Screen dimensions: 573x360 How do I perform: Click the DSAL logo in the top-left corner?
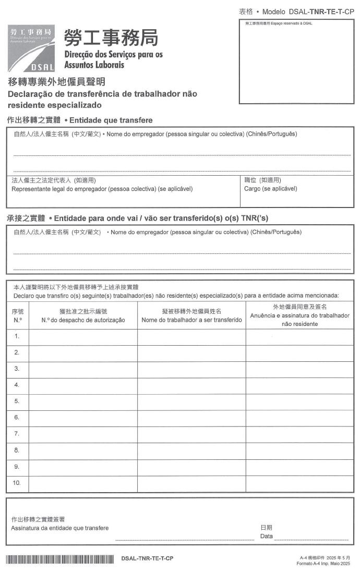(31, 48)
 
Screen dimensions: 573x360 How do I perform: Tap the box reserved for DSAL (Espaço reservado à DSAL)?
(295, 62)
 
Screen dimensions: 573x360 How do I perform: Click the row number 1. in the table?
(17, 336)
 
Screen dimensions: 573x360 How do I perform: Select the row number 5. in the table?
(17, 401)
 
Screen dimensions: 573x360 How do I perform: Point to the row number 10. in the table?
(17, 483)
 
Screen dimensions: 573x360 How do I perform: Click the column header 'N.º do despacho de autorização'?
(83, 320)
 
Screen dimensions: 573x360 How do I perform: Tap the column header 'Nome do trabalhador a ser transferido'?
(191, 320)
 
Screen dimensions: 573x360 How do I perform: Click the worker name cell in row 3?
(191, 369)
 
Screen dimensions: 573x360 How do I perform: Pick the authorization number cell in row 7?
(83, 434)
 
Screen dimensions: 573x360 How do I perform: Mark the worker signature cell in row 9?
(299, 466)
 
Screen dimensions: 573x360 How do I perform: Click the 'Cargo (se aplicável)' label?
(270, 189)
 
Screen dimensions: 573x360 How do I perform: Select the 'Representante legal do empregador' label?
(102, 189)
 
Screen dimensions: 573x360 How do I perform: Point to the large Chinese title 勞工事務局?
(111, 37)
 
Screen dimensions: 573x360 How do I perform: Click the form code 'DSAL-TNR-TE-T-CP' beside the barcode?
(147, 559)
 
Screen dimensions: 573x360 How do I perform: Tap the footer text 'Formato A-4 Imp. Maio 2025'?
(323, 563)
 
